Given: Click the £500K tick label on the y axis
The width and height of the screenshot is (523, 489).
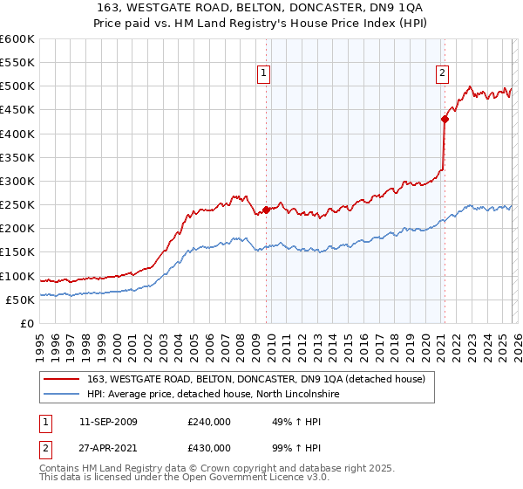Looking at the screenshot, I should [17, 86].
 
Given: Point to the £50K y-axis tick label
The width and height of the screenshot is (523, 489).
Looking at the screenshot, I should [20, 300].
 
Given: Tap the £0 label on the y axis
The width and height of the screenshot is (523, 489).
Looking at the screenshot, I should [29, 323].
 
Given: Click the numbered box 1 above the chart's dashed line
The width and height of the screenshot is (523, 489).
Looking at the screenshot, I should [264, 74].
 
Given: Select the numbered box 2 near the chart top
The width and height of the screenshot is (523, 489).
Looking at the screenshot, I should [443, 74].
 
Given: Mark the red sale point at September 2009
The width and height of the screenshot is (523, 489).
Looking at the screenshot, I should [266, 210].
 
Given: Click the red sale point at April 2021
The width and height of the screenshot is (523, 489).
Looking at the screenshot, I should [445, 120].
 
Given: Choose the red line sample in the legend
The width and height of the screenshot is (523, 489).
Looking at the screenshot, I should [62, 379].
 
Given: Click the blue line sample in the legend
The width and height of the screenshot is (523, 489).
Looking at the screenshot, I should [62, 395].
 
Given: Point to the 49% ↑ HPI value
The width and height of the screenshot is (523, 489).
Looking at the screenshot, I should [285, 422].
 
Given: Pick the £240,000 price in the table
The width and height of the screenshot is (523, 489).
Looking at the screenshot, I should [209, 422].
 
